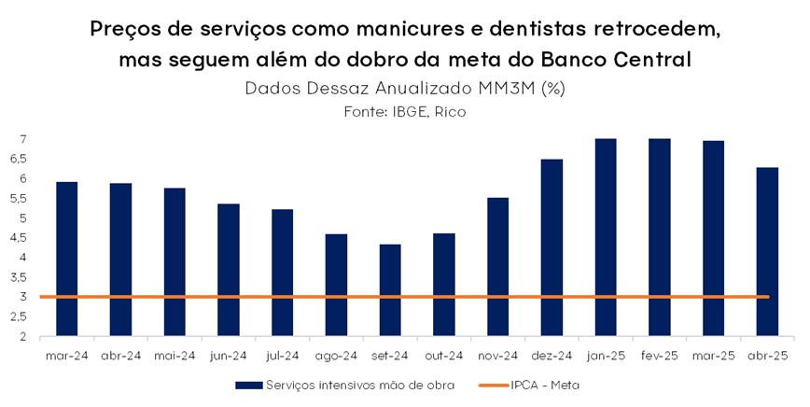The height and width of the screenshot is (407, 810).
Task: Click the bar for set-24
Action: pyautogui.click(x=390, y=289)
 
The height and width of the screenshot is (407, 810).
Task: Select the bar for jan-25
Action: pyautogui.click(x=606, y=237)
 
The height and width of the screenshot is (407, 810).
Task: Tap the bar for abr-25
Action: pyautogui.click(x=767, y=251)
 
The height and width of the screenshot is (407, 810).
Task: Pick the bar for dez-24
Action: pyautogui.click(x=552, y=247)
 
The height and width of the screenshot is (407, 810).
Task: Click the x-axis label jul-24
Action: pyautogui.click(x=283, y=356)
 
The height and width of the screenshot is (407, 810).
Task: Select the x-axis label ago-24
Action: pyautogui.click(x=336, y=356)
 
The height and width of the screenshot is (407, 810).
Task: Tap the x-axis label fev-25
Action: pyautogui.click(x=659, y=356)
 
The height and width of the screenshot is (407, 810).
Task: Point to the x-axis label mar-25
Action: pyautogui.click(x=713, y=356)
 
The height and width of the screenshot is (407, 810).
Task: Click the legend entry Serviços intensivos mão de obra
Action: pyautogui.click(x=344, y=385)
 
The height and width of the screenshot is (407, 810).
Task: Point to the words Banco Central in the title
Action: pyautogui.click(x=615, y=60)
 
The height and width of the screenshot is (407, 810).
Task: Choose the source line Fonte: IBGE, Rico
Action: pyautogui.click(x=405, y=111)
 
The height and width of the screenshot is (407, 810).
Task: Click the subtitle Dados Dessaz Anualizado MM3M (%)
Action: pyautogui.click(x=405, y=89)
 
